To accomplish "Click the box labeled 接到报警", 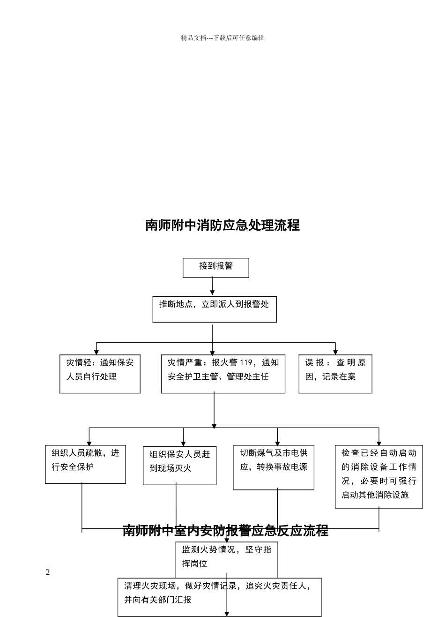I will click(215, 267).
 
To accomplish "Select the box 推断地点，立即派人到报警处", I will click(215, 309).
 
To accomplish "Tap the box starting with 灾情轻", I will click(100, 374).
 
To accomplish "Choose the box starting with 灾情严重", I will click(223, 374).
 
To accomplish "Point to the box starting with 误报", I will click(335, 374).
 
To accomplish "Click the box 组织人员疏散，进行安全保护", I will click(85, 464).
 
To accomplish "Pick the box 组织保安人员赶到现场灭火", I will click(179, 466).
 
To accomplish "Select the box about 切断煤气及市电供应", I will click(274, 467).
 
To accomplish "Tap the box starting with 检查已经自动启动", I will click(378, 476).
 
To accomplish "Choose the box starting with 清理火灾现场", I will click(219, 596).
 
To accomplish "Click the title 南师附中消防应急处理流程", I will click(222, 226).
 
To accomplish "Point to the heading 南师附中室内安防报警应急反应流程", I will click(225, 531).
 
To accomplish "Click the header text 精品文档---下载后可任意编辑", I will click(222, 38).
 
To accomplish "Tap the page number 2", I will click(48, 572).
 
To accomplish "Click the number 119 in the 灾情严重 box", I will click(246, 362).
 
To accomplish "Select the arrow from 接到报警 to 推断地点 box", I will click(212, 286).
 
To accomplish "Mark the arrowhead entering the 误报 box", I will click(335, 352).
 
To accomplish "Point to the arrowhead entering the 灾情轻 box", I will click(96, 352).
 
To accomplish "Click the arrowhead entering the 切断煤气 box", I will click(277, 444).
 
